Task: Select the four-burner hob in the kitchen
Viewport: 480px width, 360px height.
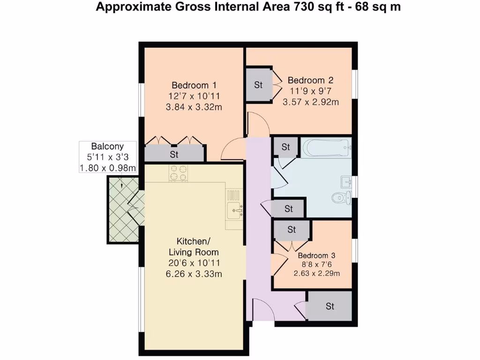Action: (x=179, y=173)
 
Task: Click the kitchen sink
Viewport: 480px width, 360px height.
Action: (x=234, y=210)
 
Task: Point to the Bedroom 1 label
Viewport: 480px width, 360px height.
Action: (x=194, y=85)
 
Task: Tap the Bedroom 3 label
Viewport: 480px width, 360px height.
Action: (x=316, y=255)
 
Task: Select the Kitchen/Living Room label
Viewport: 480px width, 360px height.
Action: (x=194, y=247)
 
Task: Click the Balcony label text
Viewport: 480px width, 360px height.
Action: (x=107, y=146)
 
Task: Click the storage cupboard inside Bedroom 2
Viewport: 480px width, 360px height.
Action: (x=258, y=85)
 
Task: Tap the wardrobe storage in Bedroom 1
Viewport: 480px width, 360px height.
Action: (x=174, y=154)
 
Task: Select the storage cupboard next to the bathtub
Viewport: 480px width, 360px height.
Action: (x=285, y=147)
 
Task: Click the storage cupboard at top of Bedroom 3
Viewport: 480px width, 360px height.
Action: (x=292, y=230)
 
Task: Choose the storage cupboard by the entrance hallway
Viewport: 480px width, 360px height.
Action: (x=330, y=307)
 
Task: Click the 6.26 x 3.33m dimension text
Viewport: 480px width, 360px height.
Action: (x=194, y=274)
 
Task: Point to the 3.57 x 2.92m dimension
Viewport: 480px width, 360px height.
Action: (x=310, y=102)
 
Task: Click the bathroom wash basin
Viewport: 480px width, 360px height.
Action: (x=347, y=180)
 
